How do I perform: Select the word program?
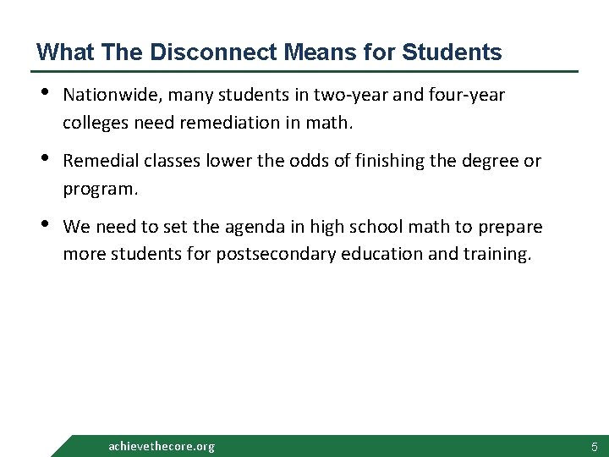pyautogui.click(x=98, y=188)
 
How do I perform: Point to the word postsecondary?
pyautogui.click(x=275, y=253)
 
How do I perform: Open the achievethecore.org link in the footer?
pyautogui.click(x=162, y=446)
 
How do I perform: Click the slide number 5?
pyautogui.click(x=594, y=446)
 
